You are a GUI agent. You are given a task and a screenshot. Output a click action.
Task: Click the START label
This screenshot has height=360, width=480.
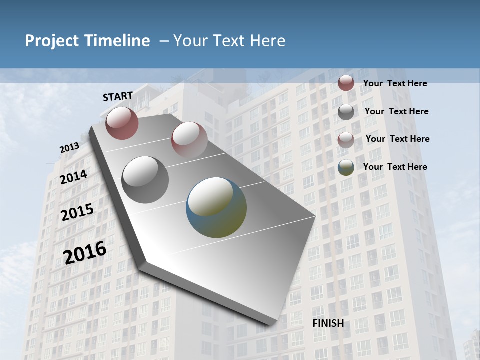point(118,96)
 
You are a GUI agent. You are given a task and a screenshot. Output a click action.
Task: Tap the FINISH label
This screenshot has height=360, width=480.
point(328,323)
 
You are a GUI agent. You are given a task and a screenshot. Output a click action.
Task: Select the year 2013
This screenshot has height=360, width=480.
point(69,148)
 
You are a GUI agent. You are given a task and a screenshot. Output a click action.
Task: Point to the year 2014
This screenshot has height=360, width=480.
point(74,177)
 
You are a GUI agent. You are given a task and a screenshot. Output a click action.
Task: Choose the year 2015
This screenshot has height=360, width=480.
point(77,212)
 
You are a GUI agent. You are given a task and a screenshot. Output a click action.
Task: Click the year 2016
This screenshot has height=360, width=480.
point(85,252)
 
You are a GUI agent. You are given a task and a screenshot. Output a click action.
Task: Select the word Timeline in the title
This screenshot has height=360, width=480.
point(118,41)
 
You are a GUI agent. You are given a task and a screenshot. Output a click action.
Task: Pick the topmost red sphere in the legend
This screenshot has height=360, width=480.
point(346,83)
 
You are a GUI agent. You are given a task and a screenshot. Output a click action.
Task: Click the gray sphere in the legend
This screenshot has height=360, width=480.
point(346,112)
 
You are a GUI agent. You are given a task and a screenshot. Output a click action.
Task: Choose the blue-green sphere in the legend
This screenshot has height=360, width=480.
point(346,167)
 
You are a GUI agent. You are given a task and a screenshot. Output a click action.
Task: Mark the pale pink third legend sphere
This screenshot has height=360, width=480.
point(346,140)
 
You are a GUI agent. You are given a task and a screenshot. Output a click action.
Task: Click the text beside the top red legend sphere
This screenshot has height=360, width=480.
point(395,83)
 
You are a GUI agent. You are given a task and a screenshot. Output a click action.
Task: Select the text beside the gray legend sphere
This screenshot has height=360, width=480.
point(396,111)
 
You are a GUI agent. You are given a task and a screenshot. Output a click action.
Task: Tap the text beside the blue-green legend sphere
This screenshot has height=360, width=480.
point(395,167)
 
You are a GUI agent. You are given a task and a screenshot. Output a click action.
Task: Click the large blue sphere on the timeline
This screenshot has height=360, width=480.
point(216,207)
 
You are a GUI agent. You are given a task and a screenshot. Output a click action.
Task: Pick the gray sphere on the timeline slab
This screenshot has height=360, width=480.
point(145,179)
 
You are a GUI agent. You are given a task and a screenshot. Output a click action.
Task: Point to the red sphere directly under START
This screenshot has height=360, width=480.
point(122,123)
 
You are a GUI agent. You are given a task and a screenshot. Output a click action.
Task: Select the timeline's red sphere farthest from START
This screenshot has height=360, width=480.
point(189,139)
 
